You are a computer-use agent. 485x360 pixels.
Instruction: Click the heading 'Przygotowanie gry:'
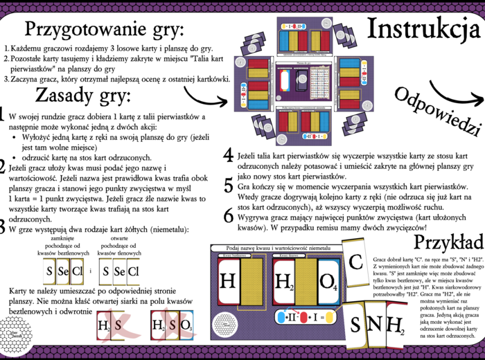(104, 30)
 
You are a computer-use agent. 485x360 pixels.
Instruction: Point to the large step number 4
(228, 136)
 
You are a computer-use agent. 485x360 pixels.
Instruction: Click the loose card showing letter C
(355, 263)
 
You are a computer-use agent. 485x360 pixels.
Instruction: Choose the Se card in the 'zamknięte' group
(62, 271)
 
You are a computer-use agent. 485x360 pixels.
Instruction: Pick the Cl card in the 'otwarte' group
(134, 271)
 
